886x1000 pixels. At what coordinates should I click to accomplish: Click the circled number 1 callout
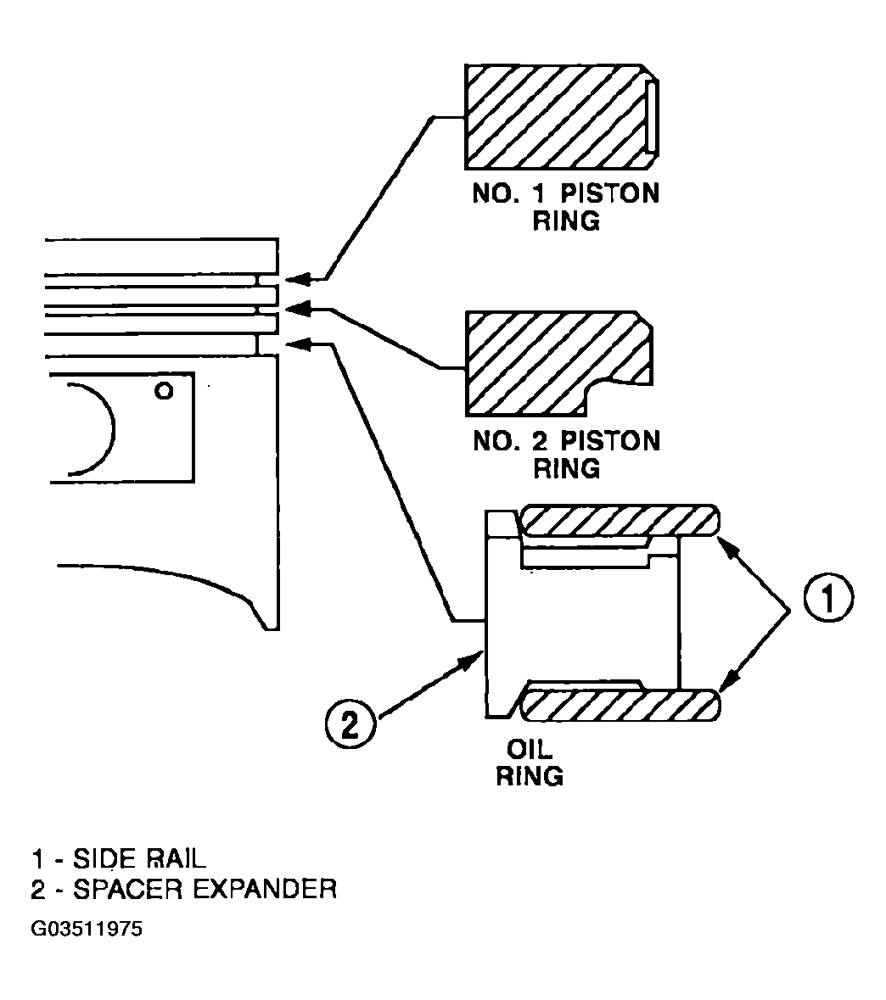[828, 599]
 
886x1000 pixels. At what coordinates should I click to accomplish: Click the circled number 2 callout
[350, 724]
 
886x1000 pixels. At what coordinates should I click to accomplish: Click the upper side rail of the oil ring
[620, 520]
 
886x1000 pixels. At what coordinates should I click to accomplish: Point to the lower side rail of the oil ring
[620, 706]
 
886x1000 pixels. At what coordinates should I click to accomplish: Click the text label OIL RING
[530, 763]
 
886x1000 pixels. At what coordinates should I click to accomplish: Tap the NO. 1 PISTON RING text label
[565, 207]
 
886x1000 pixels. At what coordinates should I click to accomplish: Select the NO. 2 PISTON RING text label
[566, 454]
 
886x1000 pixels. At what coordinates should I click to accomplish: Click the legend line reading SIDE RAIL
[120, 858]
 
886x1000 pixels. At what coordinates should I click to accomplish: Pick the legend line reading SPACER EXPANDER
[184, 888]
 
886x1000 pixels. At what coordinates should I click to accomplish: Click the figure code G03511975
[87, 928]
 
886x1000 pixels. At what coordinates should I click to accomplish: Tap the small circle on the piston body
[164, 390]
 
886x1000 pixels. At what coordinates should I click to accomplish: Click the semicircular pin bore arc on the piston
[113, 428]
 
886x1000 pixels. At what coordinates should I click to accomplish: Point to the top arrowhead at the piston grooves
[298, 279]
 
